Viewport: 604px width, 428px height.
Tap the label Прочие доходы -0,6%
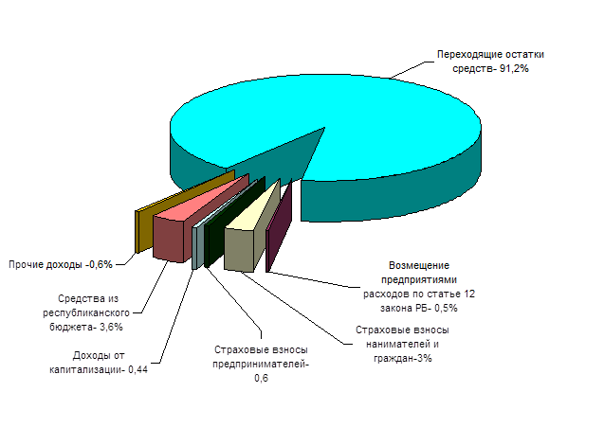[60, 264]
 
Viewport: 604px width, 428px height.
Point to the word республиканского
[87, 312]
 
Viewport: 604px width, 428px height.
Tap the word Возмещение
[419, 266]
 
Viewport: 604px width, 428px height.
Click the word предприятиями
[419, 280]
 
